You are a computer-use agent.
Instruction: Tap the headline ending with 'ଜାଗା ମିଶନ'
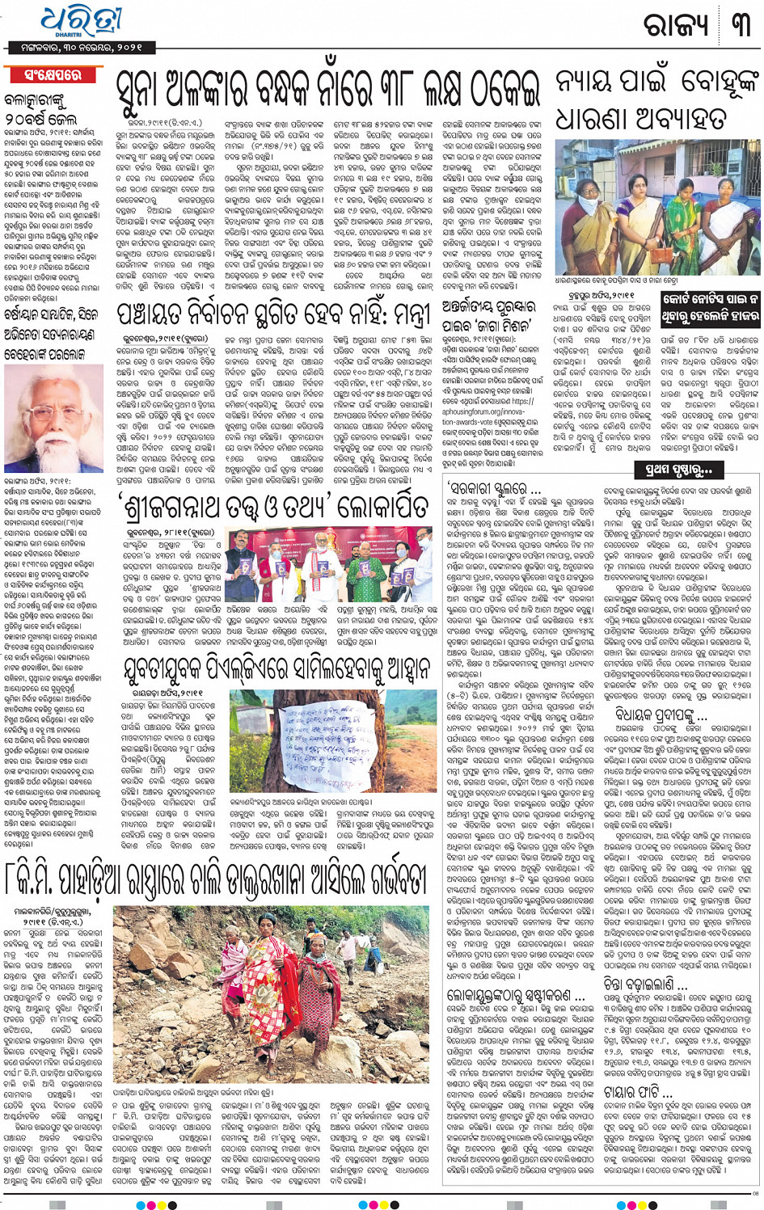(488, 316)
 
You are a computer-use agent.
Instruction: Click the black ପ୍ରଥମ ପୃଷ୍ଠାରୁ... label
(679, 469)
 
